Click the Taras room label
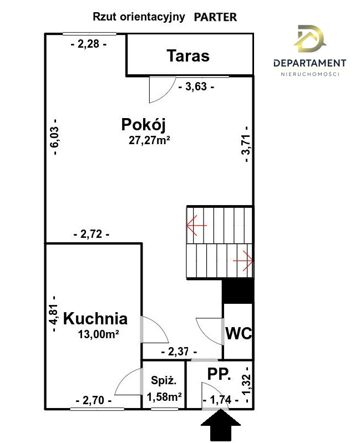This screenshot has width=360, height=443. point(188,55)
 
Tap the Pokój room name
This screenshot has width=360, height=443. point(143,125)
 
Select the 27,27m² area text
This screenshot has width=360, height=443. point(149,140)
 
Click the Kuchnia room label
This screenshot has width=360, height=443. point(95,319)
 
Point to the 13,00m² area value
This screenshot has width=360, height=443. point(98,334)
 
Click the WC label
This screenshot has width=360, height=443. point(239,333)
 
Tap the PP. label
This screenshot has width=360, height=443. point(219,374)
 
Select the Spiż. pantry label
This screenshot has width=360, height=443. point(164,380)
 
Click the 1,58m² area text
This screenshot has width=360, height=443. point(164,397)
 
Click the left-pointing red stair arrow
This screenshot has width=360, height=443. point(197,225)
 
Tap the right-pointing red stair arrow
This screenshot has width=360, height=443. point(243,261)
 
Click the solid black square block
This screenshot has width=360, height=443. point(237,291)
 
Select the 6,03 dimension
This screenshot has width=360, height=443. point(55,137)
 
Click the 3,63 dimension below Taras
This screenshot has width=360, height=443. point(196,86)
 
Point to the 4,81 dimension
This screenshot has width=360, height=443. point(54,314)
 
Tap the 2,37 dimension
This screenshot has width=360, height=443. point(179,352)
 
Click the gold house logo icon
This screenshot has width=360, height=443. point(310,39)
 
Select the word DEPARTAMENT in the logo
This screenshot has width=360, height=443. point(310,63)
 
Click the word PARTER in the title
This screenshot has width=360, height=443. point(215,17)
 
